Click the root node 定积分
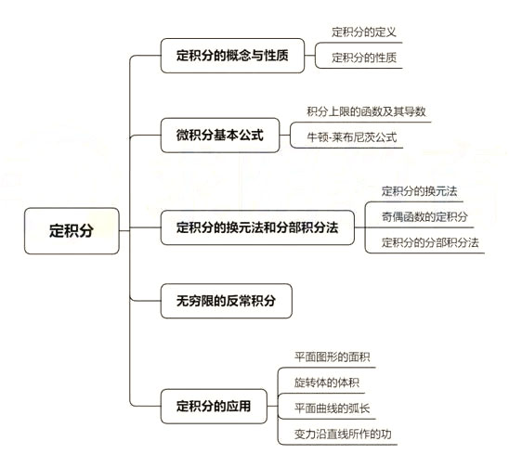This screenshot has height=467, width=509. (72, 230)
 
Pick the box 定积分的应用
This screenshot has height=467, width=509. (213, 405)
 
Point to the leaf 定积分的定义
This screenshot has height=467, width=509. (364, 31)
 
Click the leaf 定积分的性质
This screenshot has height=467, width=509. (364, 58)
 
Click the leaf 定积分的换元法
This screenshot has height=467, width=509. (419, 190)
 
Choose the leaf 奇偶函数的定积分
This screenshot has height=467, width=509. (424, 216)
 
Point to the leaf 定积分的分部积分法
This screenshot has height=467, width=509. (429, 242)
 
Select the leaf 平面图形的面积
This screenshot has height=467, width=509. (332, 356)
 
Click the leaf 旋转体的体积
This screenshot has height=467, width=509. (326, 382)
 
